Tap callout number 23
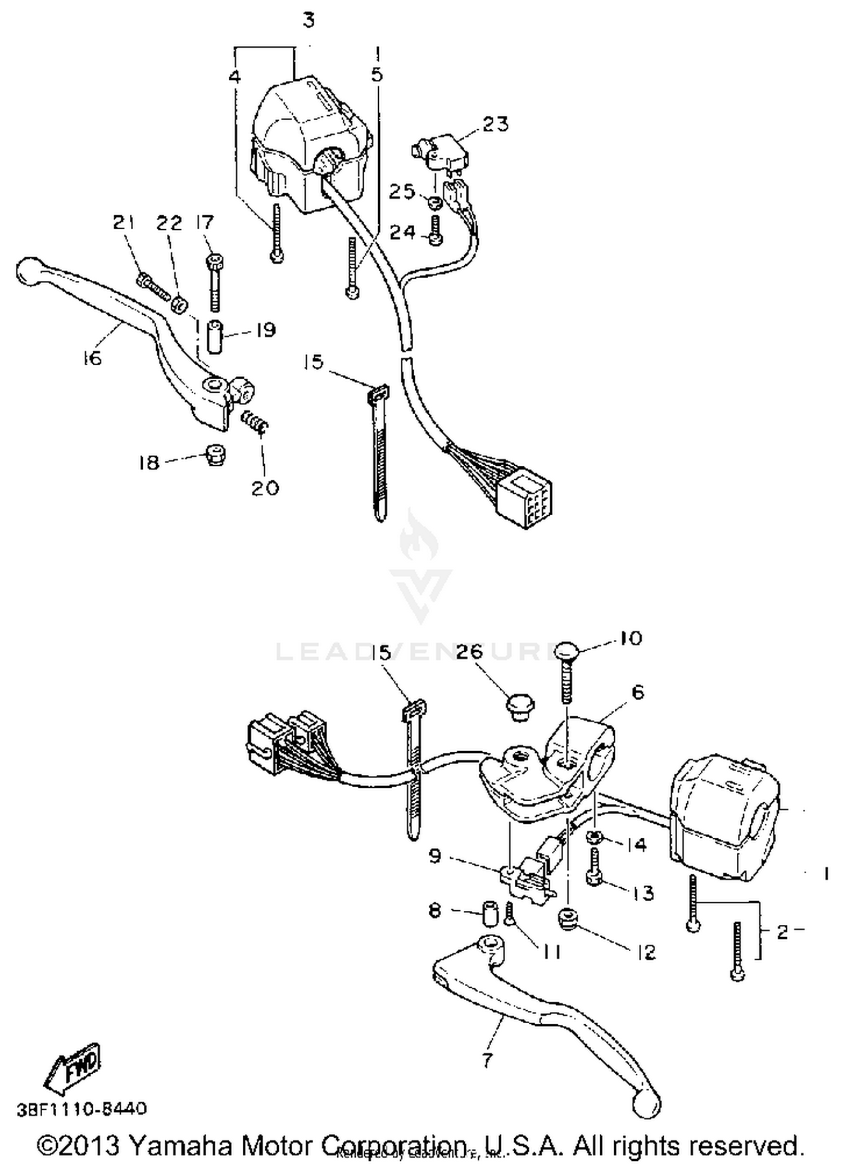pos(495,124)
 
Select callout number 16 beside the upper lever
pos(92,357)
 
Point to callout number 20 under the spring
pos(265,487)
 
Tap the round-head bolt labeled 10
pos(569,652)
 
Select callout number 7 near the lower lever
pos(487,1059)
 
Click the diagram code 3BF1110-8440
pos(81,1109)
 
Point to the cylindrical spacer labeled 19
pos(215,336)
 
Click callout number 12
pos(646,952)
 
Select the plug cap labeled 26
pos(520,708)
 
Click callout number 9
pos(435,857)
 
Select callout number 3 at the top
pos(309,20)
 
